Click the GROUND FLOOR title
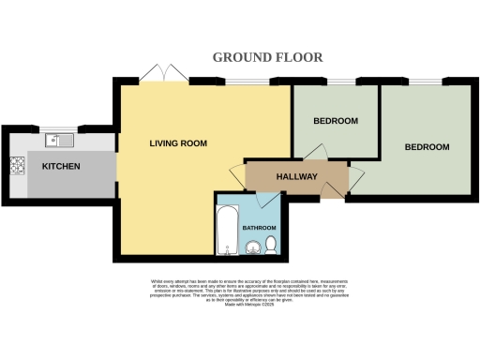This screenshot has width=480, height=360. [267, 57]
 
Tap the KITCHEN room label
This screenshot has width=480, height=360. [60, 167]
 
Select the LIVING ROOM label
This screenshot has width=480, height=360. [178, 143]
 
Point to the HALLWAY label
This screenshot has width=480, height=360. [296, 176]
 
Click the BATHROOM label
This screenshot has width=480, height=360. [260, 228]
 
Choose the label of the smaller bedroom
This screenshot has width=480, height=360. [335, 121]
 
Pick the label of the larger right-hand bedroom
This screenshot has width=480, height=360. [427, 147]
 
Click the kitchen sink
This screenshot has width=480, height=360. [58, 142]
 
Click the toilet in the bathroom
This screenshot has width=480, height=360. [270, 245]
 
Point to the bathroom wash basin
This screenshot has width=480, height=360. [251, 247]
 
